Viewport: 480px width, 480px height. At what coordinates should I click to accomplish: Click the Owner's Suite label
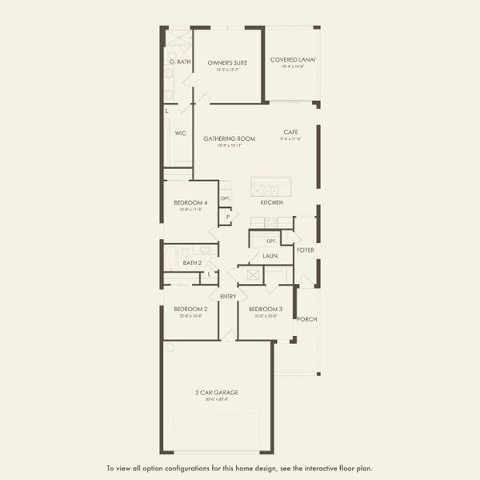click(x=227, y=62)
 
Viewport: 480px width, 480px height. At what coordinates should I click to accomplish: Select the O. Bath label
click(x=179, y=62)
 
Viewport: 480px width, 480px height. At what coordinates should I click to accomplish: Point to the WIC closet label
click(x=180, y=134)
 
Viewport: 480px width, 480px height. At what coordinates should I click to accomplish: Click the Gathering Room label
click(x=229, y=138)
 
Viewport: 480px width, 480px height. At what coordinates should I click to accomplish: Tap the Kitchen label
click(x=271, y=202)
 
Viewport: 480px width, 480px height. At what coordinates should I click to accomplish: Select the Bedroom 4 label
click(x=190, y=202)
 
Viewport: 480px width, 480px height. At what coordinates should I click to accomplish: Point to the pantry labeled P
click(x=227, y=216)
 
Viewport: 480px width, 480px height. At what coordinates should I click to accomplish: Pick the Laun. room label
click(x=270, y=256)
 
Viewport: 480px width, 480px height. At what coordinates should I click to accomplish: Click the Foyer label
click(x=305, y=250)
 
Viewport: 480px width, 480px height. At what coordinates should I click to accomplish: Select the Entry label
click(x=228, y=297)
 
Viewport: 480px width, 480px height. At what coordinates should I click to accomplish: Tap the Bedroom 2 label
click(x=190, y=309)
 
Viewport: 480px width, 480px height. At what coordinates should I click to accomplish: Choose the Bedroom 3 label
click(x=265, y=309)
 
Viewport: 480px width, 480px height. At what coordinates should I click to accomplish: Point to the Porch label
click(x=306, y=319)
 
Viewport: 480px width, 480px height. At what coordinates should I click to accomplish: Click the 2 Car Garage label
click(x=217, y=392)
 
